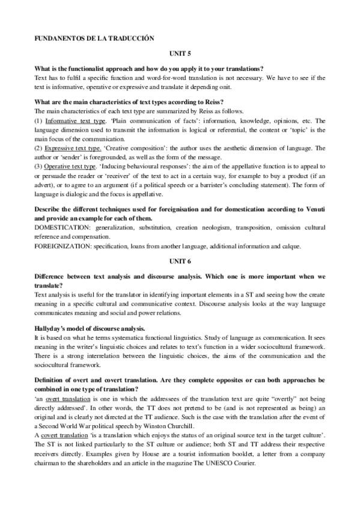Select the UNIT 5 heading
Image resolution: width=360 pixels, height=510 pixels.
180,53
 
